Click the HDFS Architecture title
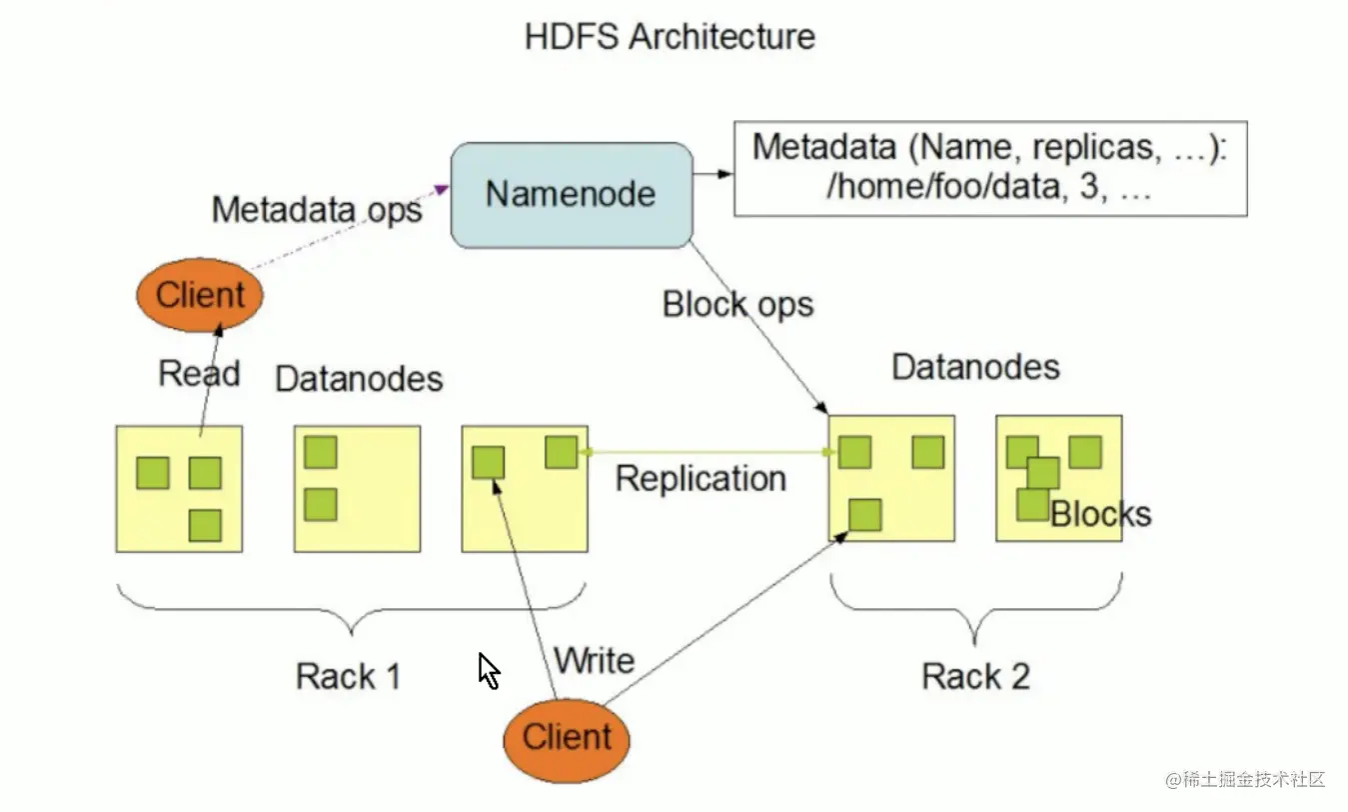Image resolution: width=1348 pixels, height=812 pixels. point(670,37)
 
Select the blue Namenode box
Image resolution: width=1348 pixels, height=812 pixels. point(572,195)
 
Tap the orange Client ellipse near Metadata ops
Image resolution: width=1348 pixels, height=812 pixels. point(200,295)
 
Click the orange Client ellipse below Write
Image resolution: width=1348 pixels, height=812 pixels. point(567,740)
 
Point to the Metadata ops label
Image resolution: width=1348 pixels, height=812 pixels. point(317,210)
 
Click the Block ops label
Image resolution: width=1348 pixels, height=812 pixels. point(737,305)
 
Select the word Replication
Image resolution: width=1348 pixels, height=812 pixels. point(700,479)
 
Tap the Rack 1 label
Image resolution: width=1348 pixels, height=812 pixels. point(349,676)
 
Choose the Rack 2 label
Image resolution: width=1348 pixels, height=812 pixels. point(976,676)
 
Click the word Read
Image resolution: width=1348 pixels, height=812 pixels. point(199,373)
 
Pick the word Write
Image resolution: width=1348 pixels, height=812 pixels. point(594,660)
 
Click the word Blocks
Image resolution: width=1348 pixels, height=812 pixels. point(1100,514)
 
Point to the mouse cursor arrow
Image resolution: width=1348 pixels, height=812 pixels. point(488,670)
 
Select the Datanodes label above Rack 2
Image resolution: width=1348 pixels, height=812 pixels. point(975,367)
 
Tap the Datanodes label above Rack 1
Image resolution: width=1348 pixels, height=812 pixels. point(360,379)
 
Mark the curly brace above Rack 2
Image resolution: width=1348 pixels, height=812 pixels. point(975,609)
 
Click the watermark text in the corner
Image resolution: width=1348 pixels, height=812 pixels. point(1245,779)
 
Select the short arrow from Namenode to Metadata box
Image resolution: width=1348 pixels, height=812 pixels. point(713,174)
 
